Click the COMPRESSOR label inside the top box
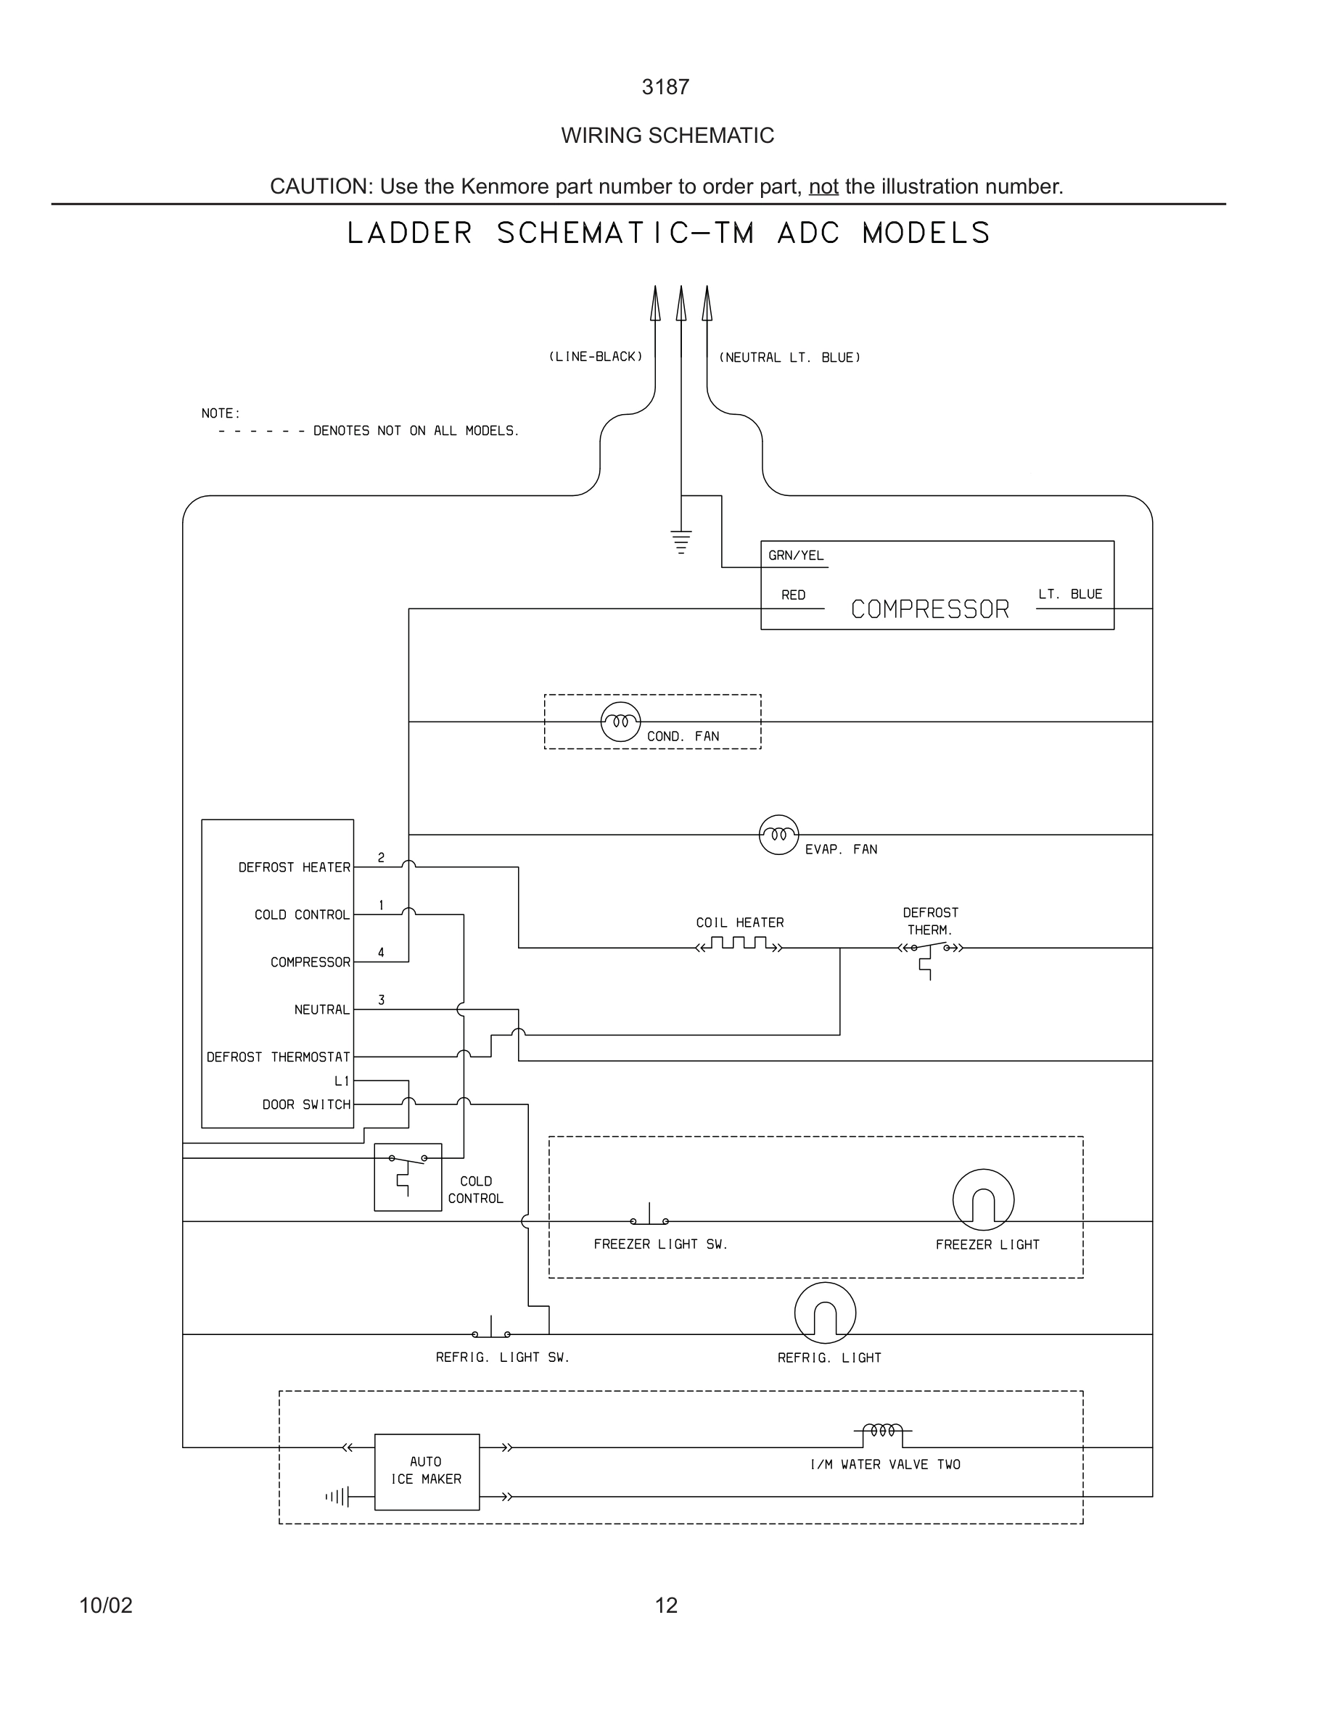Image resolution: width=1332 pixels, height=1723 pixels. (929, 609)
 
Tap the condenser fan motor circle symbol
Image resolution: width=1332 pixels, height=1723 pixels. (620, 721)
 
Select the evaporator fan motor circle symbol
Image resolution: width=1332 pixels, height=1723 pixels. (778, 835)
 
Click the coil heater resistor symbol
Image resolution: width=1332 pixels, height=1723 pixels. (739, 944)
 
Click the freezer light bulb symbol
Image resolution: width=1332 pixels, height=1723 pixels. (983, 1200)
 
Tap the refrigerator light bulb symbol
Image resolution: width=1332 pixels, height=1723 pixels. (825, 1313)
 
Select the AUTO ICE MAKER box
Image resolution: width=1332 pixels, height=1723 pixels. (426, 1472)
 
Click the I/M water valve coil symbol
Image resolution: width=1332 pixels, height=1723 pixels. (882, 1430)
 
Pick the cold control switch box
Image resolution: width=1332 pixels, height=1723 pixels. (407, 1177)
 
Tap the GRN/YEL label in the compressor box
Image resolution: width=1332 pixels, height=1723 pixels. (795, 555)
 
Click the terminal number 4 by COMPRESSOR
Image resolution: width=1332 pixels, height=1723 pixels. (381, 952)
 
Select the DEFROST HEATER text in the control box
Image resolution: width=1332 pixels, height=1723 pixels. (295, 867)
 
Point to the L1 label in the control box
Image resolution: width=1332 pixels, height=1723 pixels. (342, 1081)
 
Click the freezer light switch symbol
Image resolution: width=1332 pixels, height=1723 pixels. (649, 1218)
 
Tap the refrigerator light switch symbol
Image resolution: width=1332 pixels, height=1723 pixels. (491, 1330)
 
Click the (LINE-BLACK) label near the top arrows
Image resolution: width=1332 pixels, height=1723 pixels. (596, 357)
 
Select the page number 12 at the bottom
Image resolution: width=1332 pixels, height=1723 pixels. (666, 1605)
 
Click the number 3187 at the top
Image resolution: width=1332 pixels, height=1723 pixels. (665, 87)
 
